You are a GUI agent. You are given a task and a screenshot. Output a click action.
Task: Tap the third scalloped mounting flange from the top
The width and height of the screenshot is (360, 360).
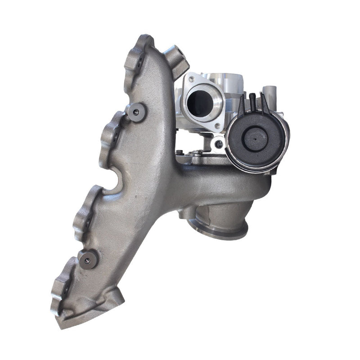pyautogui.click(x=85, y=211)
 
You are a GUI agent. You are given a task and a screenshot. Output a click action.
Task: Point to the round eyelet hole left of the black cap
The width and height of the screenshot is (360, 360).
pyautogui.click(x=219, y=144)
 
